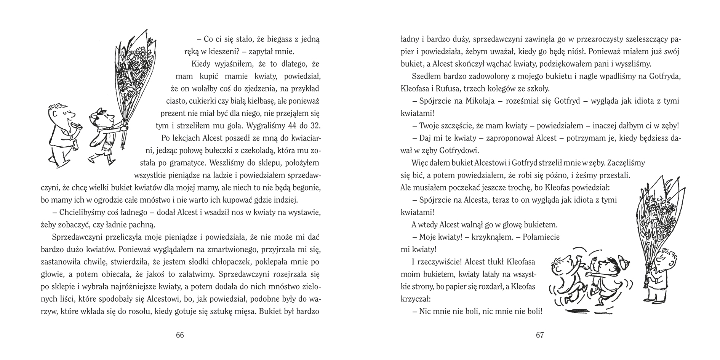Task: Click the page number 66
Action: coord(180,335)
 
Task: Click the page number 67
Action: coord(540,335)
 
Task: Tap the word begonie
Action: coord(306,187)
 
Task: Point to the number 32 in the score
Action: coord(314,125)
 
